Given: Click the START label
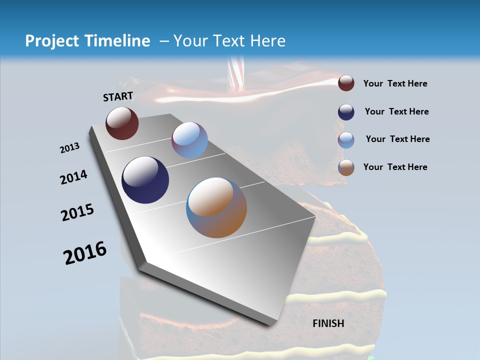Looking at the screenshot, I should [x=118, y=96].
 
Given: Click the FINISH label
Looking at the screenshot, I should [x=328, y=323].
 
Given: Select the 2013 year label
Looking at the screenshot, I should [x=69, y=148].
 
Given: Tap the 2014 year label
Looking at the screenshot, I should [x=73, y=177].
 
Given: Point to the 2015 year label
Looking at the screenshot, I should [x=77, y=213].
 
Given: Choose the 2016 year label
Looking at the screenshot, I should [x=85, y=253].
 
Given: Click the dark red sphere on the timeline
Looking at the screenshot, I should [x=122, y=123].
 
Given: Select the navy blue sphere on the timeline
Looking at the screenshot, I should [x=145, y=180].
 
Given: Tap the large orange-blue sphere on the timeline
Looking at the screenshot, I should [x=216, y=207].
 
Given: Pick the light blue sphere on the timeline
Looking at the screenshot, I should [x=189, y=140].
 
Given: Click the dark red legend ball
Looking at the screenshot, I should [x=346, y=83].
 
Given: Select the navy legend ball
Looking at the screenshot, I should [x=346, y=112].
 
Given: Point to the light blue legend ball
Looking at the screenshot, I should [x=346, y=140].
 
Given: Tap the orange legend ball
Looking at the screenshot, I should [x=346, y=167].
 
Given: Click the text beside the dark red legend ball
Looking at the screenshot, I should [x=395, y=84].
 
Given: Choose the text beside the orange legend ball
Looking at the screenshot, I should [x=395, y=167].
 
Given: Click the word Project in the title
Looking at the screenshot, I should [x=52, y=41].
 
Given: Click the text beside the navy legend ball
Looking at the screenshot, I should [x=396, y=111].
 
